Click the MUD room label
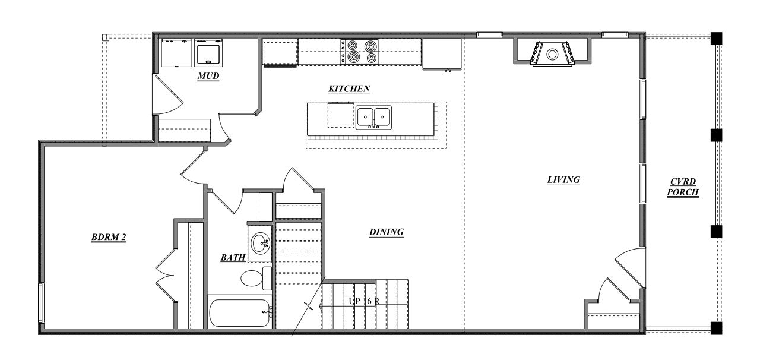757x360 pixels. coord(208,77)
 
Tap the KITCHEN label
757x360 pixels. coord(349,89)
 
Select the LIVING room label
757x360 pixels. coord(563,180)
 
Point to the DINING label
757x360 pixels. coord(386,232)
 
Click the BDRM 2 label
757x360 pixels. coord(109,238)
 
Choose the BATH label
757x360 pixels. coord(233,258)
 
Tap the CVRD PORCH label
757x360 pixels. coord(683,187)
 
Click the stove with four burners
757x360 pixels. coord(359,52)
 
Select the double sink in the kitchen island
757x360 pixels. coord(373,118)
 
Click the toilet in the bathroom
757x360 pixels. coord(253,278)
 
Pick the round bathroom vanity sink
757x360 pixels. coord(260,242)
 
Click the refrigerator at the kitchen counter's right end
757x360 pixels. coord(442,54)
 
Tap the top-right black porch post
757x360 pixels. coord(717,38)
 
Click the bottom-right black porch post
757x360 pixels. coord(717,327)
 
